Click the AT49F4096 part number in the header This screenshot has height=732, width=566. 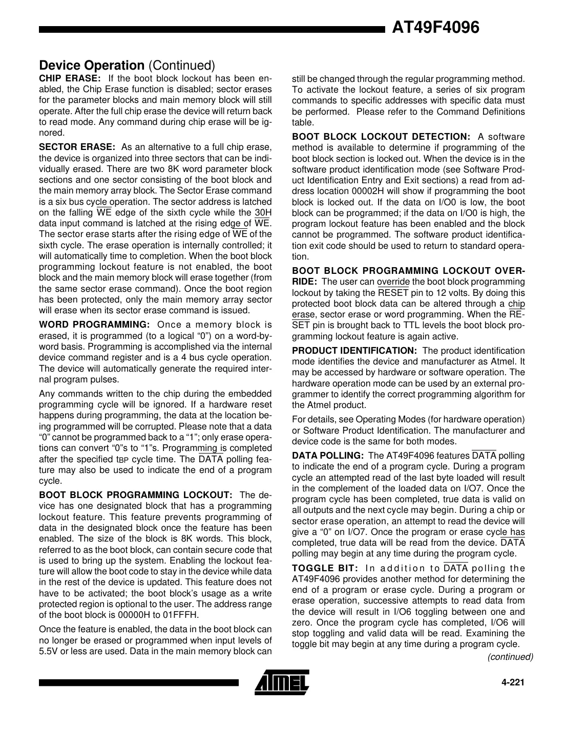tap(435, 27)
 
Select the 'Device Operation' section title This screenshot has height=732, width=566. tap(92, 66)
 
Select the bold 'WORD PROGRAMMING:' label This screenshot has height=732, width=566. tap(94, 325)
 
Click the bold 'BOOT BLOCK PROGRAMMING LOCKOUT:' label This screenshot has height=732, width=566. tap(136, 495)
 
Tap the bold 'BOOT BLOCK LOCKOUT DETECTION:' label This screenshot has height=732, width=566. tap(381, 137)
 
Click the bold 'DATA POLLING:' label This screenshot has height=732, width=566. tap(328, 456)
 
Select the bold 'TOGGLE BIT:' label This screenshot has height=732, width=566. tap(325, 568)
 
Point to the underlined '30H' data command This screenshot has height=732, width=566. tap(263, 213)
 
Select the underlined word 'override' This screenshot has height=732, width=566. tap(393, 282)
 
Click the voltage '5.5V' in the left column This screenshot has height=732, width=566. tap(50, 651)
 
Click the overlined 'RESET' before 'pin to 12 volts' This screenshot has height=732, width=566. tap(393, 293)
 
